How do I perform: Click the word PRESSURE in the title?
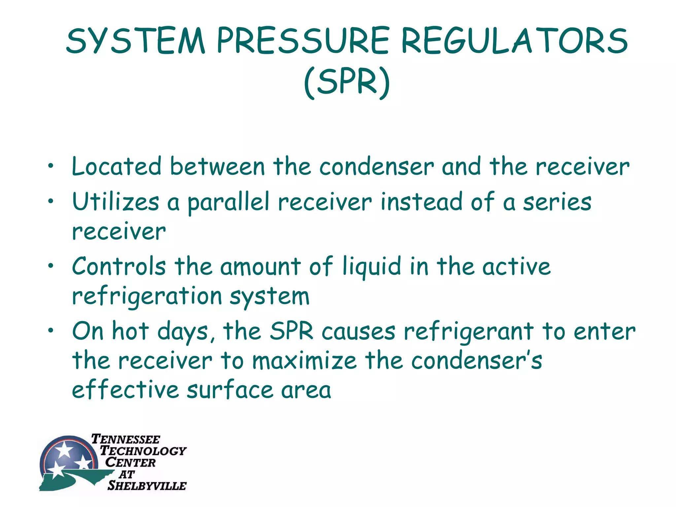click(303, 41)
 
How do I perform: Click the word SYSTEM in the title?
click(136, 41)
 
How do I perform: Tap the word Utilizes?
click(116, 202)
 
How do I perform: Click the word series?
click(557, 202)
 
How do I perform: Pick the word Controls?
click(119, 266)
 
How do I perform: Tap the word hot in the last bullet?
click(130, 331)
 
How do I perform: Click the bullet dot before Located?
click(50, 166)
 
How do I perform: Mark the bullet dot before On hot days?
click(50, 330)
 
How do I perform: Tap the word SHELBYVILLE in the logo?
click(147, 486)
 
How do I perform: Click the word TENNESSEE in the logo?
click(125, 439)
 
